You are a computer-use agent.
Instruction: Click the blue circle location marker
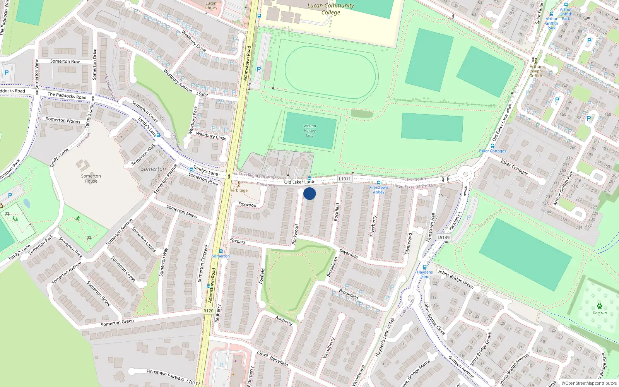click(x=309, y=193)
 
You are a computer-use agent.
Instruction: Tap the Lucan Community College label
click(x=330, y=9)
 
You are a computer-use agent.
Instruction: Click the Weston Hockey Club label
click(x=309, y=130)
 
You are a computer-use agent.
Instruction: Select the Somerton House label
click(x=91, y=178)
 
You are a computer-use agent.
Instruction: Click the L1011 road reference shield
click(x=344, y=179)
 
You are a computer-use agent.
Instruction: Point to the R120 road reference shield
click(x=208, y=311)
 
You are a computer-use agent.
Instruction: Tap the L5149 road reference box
click(x=444, y=238)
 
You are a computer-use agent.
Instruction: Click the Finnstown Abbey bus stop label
click(x=378, y=190)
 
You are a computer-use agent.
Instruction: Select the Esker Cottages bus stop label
click(x=492, y=151)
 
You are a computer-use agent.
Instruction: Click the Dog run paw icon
click(x=599, y=306)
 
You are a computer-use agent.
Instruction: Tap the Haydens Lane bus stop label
click(x=425, y=274)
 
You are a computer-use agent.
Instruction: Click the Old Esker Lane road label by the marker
click(x=299, y=182)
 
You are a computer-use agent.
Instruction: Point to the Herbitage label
click(x=238, y=190)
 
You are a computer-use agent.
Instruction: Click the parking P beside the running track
click(x=259, y=69)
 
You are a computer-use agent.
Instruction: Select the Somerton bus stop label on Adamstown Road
click(x=221, y=256)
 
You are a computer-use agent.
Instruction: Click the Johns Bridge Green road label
click(x=455, y=279)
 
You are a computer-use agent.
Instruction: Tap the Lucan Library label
click(x=211, y=5)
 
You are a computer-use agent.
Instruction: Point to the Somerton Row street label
click(x=65, y=61)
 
